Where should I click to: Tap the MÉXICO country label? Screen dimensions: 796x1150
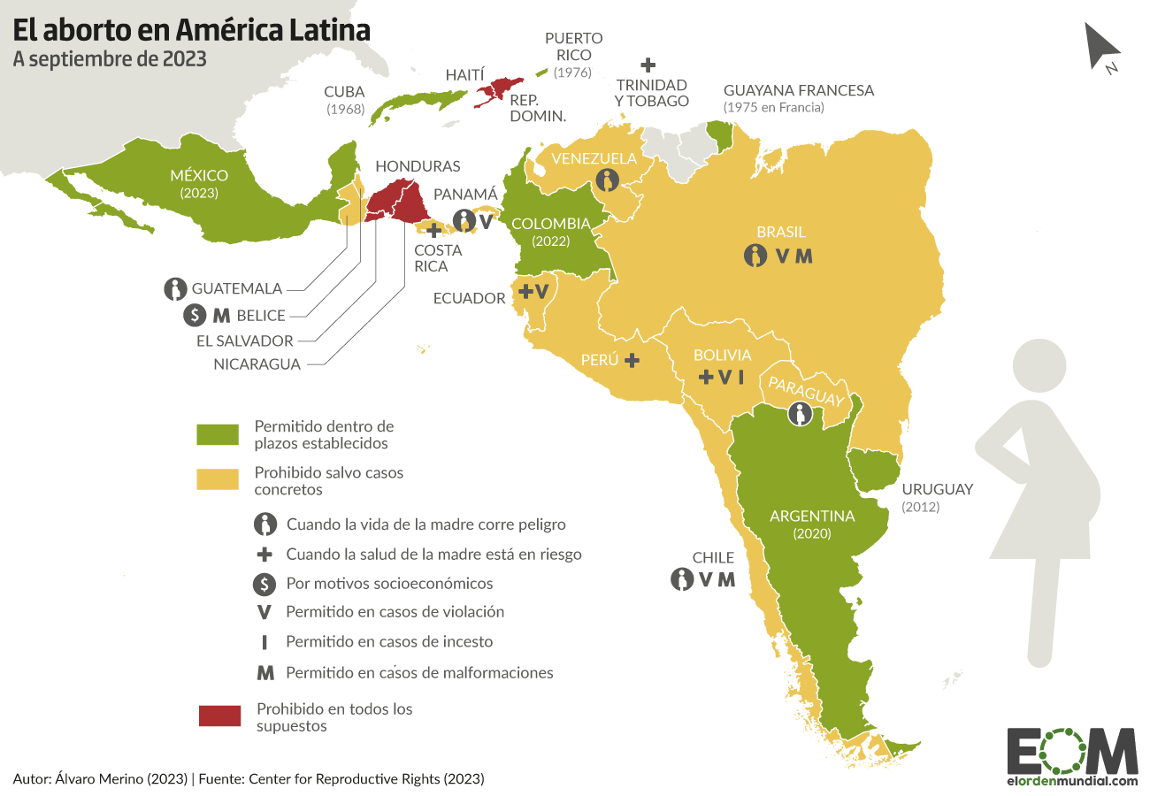(x=199, y=175)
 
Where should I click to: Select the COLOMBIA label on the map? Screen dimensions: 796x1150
(x=549, y=223)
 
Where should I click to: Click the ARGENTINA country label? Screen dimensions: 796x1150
(x=812, y=516)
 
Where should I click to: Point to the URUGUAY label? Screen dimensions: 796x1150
(x=937, y=489)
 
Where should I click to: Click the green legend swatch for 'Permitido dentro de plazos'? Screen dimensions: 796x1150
(x=218, y=434)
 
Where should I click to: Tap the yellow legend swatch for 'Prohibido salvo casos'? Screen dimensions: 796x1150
(x=218, y=478)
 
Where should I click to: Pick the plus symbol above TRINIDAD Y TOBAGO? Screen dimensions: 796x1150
(x=648, y=65)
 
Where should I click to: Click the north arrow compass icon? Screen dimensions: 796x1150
(x=1102, y=45)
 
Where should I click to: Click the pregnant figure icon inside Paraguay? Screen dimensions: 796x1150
(x=800, y=414)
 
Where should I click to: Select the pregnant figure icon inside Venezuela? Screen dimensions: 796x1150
(x=607, y=180)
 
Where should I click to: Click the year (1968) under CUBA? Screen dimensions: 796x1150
(x=344, y=109)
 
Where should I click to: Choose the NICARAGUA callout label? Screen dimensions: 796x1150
(x=257, y=364)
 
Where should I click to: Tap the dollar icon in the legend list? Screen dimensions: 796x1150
(x=264, y=584)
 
